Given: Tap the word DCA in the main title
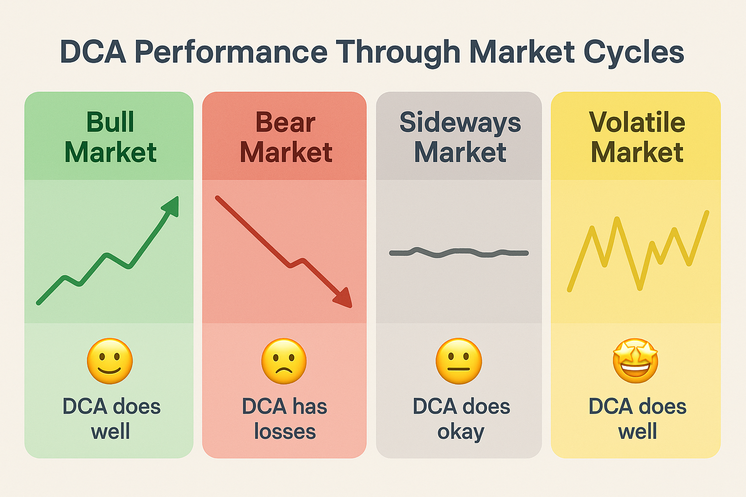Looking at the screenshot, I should click(x=93, y=52).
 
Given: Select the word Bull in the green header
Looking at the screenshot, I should click(x=110, y=122).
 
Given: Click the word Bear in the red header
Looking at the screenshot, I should click(x=286, y=122).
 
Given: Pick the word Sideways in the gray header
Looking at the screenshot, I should click(x=459, y=122).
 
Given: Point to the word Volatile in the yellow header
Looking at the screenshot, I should click(x=637, y=122).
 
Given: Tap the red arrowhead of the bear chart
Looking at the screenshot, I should click(x=344, y=298).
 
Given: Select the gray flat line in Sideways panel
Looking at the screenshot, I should click(x=459, y=252).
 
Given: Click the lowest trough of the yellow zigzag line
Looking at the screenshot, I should click(x=640, y=288).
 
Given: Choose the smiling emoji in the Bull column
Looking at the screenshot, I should click(x=110, y=361).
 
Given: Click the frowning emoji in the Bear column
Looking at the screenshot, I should click(x=284, y=361).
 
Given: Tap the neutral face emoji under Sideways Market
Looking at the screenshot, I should click(x=459, y=361).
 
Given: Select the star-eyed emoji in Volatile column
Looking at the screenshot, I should click(x=635, y=361).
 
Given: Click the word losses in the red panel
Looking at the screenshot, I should click(x=285, y=431).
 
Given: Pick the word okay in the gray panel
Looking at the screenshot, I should click(x=460, y=431).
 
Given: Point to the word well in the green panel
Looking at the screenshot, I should click(x=110, y=431).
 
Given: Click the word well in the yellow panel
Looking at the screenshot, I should click(x=637, y=431).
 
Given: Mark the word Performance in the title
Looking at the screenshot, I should click(x=231, y=52).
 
